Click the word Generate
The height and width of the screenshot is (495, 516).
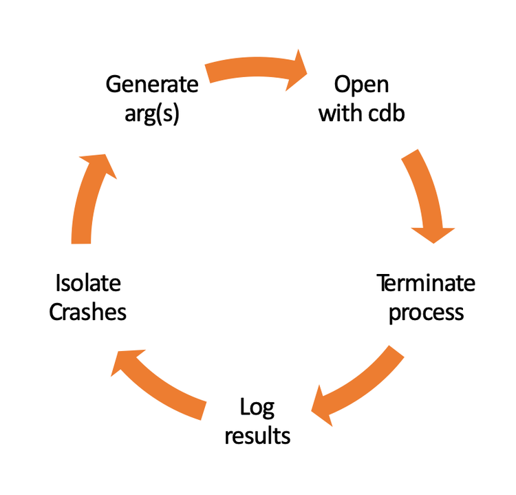pyautogui.click(x=152, y=85)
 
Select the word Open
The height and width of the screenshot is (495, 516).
pyautogui.click(x=361, y=85)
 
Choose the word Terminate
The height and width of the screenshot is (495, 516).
pyautogui.click(x=426, y=284)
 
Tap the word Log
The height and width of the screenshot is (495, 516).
pyautogui.click(x=257, y=408)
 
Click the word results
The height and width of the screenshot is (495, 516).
pyautogui.click(x=257, y=436)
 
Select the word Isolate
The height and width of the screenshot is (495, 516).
pyautogui.click(x=87, y=283)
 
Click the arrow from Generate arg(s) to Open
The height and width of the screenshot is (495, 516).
pyautogui.click(x=255, y=69)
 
